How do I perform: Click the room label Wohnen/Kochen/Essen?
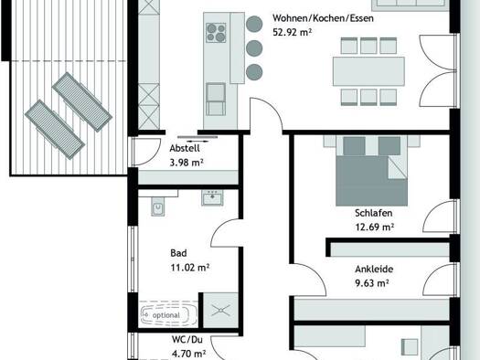tap(323, 18)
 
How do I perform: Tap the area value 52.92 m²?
tap(292, 32)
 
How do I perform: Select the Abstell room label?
tap(185, 148)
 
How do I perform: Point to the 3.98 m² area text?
tap(187, 163)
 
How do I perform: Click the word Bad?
tap(178, 253)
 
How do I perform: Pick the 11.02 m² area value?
tap(190, 268)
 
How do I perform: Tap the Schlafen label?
tap(373, 213)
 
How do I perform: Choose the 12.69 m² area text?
tap(374, 227)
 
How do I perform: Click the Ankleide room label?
tap(374, 270)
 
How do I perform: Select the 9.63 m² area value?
tap(372, 283)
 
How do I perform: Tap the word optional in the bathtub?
tap(166, 315)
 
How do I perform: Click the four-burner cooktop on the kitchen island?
tap(216, 33)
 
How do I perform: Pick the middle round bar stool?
tap(254, 48)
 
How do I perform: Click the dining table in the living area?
tap(368, 71)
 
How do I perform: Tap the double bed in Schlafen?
tap(371, 171)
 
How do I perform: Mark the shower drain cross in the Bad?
tap(220, 310)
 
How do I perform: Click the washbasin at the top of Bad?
tap(212, 197)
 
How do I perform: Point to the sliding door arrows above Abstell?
tap(197, 142)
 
